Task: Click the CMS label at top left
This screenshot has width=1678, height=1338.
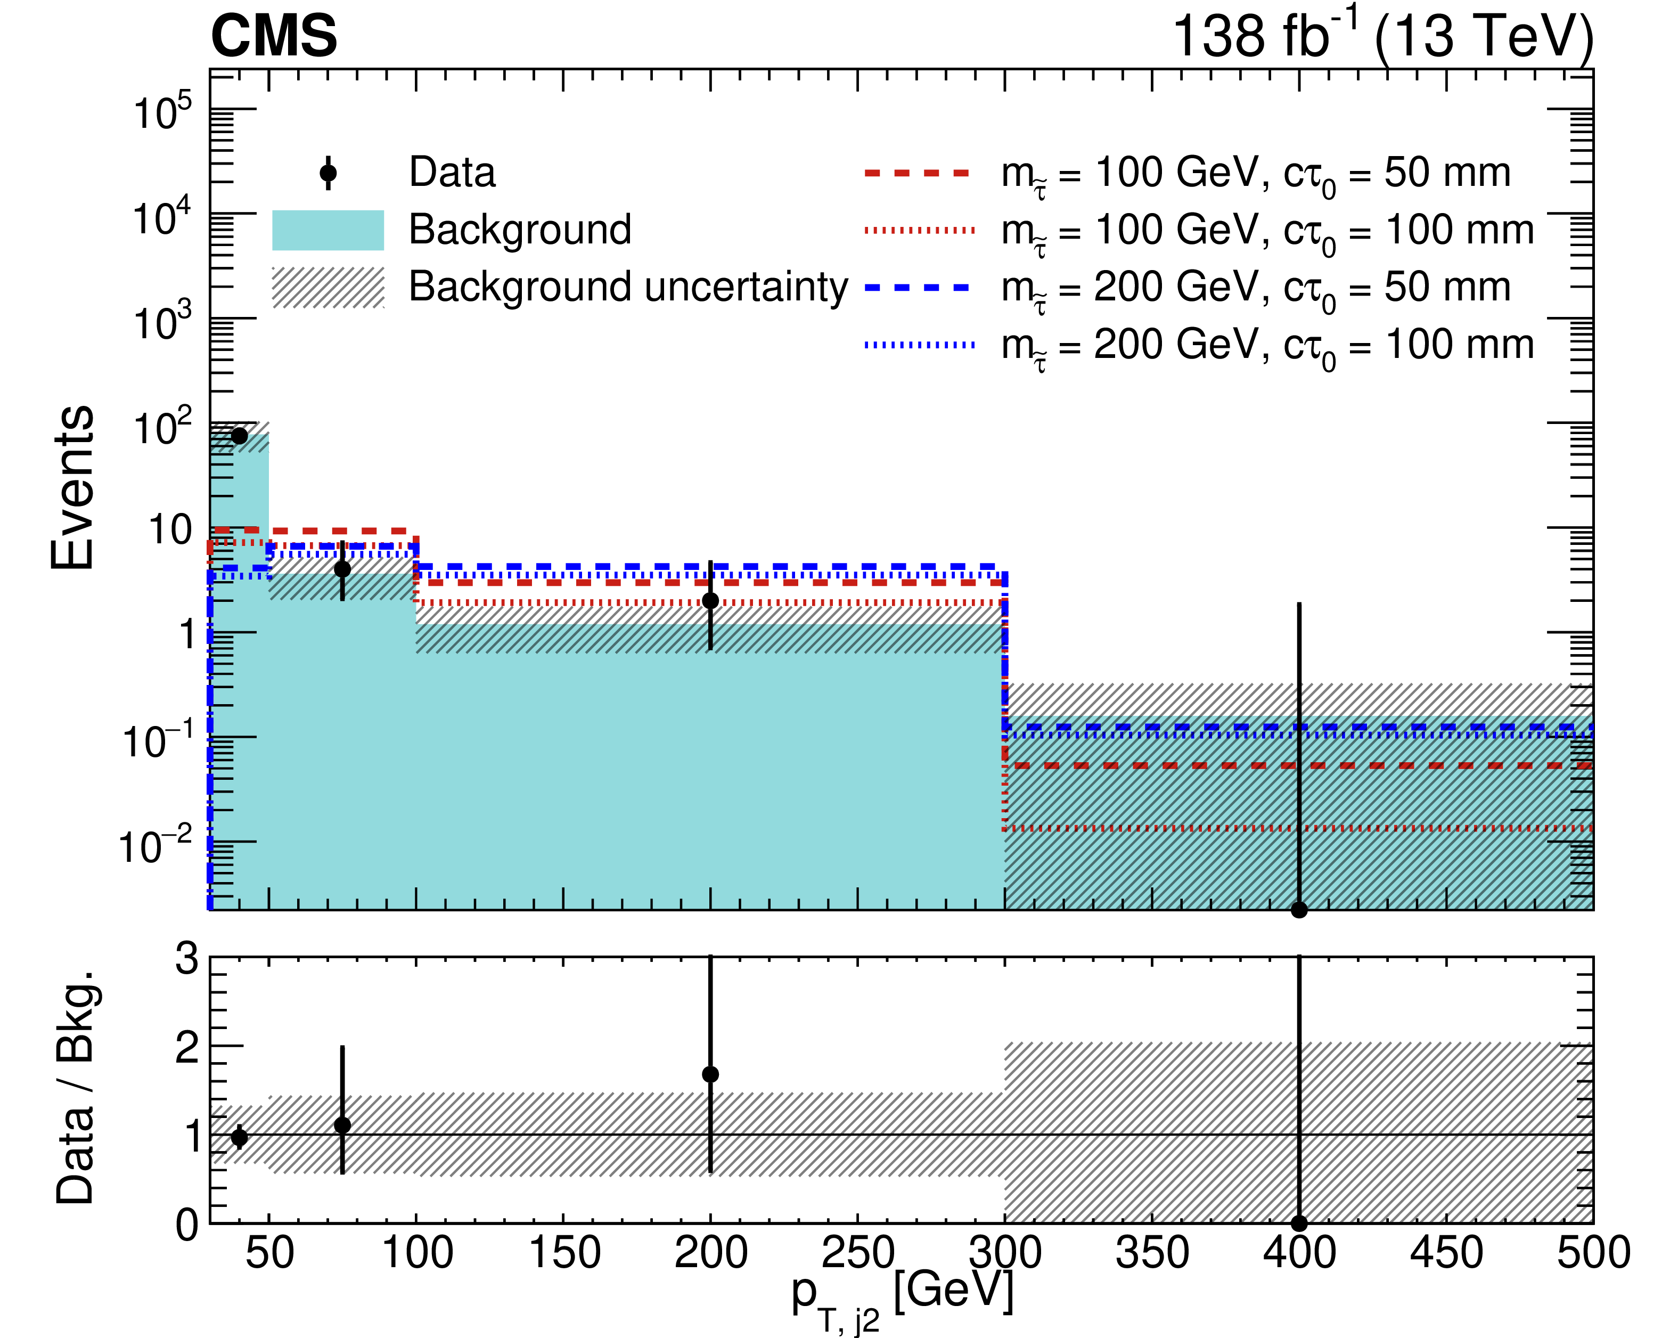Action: point(274,37)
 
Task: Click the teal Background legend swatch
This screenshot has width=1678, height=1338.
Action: point(328,231)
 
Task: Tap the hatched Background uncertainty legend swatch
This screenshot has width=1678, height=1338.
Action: point(328,287)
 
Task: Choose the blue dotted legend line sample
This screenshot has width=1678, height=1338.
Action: point(919,345)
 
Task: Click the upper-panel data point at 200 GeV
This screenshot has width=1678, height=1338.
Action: point(710,601)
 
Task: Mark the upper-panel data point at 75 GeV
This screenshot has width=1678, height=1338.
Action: point(342,569)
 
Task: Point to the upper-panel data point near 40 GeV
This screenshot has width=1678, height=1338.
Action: point(240,436)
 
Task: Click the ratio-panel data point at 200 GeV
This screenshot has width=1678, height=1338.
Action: point(710,1074)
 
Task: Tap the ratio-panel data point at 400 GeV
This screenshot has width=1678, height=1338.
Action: point(1299,1223)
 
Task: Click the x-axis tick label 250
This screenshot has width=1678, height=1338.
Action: point(858,1254)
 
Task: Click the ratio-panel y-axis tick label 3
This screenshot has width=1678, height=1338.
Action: point(187,959)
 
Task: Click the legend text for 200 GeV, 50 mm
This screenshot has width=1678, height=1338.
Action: point(1255,288)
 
